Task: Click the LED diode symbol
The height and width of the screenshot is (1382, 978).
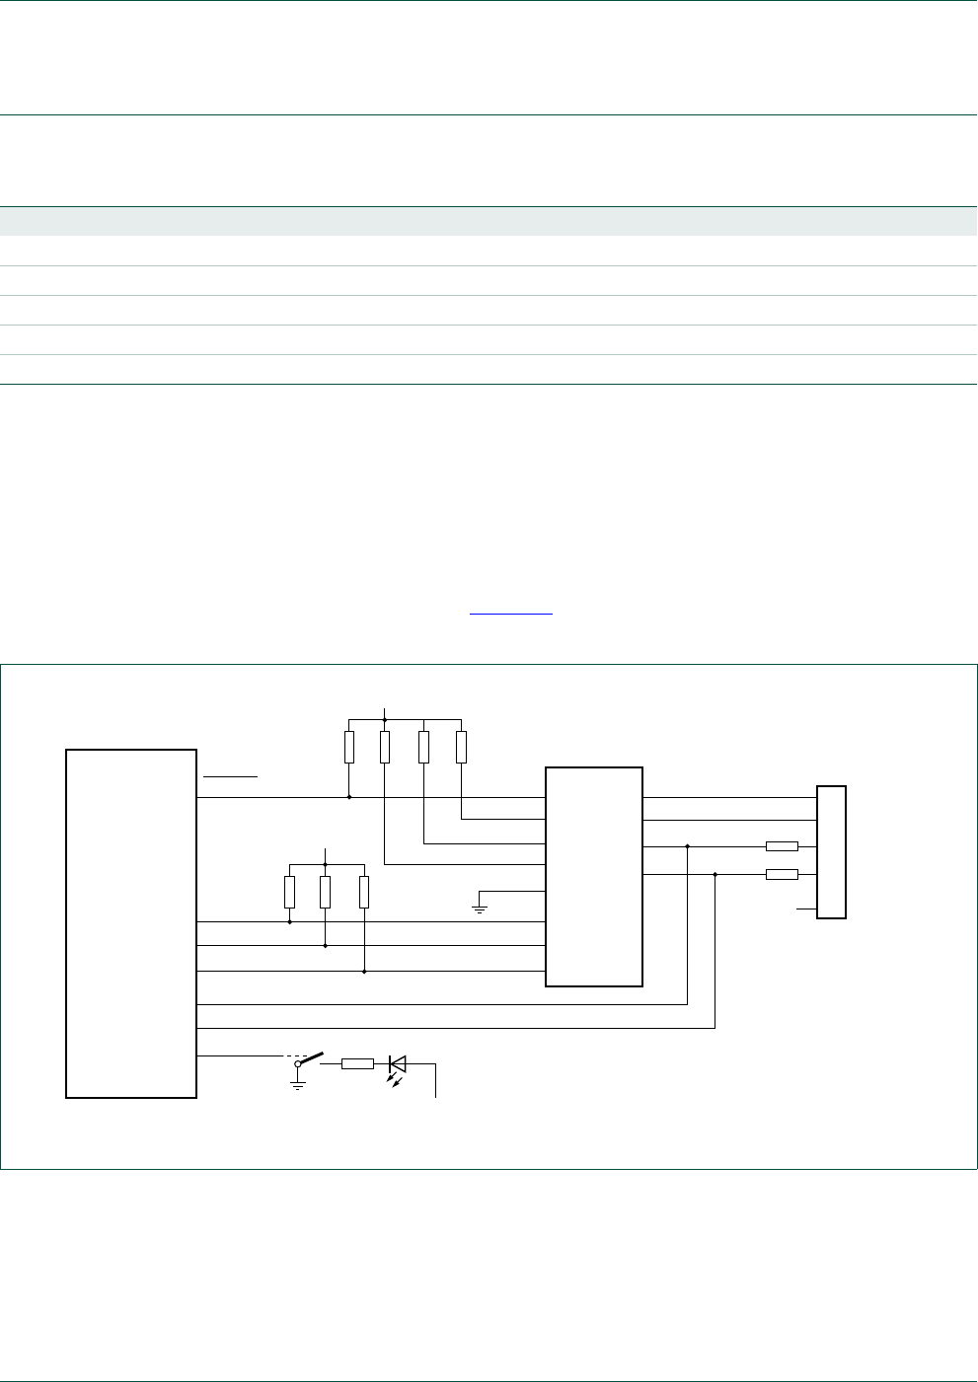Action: click(398, 1064)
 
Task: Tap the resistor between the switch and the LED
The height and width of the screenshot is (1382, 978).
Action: click(357, 1064)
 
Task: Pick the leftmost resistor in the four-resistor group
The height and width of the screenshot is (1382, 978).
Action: click(349, 747)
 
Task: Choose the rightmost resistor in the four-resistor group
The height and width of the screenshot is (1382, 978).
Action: click(462, 747)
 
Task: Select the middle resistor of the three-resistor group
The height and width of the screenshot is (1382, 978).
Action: click(325, 892)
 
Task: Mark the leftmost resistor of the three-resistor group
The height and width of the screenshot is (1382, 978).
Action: click(289, 892)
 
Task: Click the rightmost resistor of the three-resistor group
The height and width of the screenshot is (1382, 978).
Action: click(364, 892)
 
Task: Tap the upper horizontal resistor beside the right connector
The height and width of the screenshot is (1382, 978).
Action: click(782, 846)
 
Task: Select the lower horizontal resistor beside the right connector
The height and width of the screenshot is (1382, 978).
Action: click(782, 874)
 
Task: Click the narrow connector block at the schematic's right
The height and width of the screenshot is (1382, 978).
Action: click(832, 852)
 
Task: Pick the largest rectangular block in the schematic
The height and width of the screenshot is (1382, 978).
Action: click(131, 923)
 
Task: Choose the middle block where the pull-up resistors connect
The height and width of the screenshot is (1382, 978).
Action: click(594, 876)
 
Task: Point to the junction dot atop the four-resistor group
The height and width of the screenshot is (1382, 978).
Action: click(385, 719)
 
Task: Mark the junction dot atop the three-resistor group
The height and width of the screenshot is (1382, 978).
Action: click(325, 863)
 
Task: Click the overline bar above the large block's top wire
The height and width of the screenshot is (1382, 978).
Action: click(230, 776)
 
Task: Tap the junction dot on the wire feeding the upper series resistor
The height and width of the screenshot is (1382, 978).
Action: click(687, 846)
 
